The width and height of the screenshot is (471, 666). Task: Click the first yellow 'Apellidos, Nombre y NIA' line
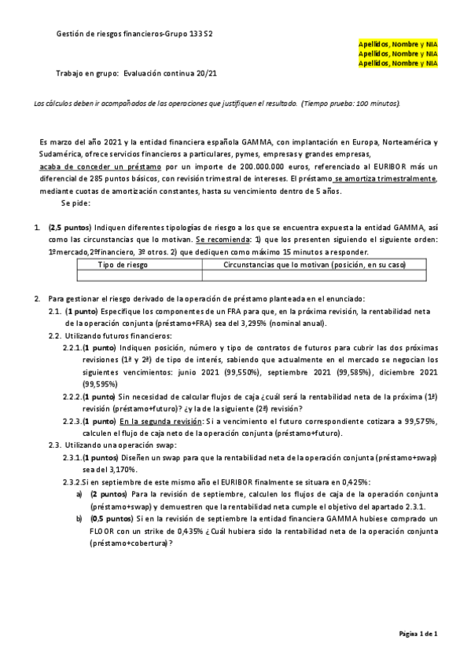(398, 45)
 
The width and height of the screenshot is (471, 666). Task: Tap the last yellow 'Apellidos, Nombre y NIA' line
(398, 63)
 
